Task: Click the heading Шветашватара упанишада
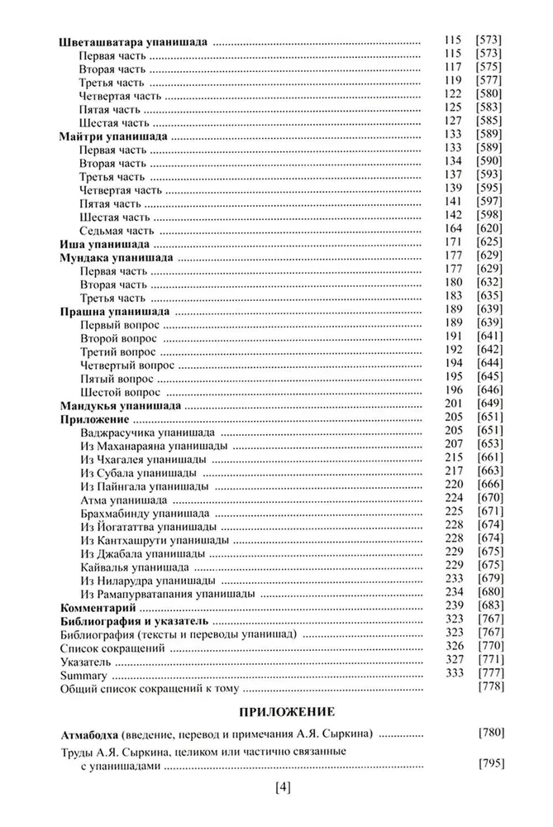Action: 135,41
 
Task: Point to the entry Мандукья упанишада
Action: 122,407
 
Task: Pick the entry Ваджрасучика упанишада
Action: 149,433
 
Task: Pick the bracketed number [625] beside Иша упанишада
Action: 491,246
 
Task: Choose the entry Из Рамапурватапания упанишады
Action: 167,595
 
